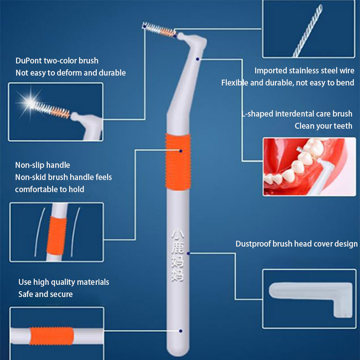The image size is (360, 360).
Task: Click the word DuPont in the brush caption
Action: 29,61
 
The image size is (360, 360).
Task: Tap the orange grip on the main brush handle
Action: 178,162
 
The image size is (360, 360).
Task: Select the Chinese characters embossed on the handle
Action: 177,255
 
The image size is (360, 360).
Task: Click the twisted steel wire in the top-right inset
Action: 307,31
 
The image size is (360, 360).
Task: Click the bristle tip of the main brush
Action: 144,25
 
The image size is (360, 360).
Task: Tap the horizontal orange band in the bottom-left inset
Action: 52,336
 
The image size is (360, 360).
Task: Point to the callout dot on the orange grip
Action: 181,151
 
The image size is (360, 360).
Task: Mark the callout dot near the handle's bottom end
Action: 181,331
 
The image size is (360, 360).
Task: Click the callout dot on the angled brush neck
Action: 198,59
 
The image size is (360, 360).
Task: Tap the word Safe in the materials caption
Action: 26,294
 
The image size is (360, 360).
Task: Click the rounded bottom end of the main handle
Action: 178,352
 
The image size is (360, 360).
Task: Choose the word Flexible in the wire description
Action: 234,83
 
